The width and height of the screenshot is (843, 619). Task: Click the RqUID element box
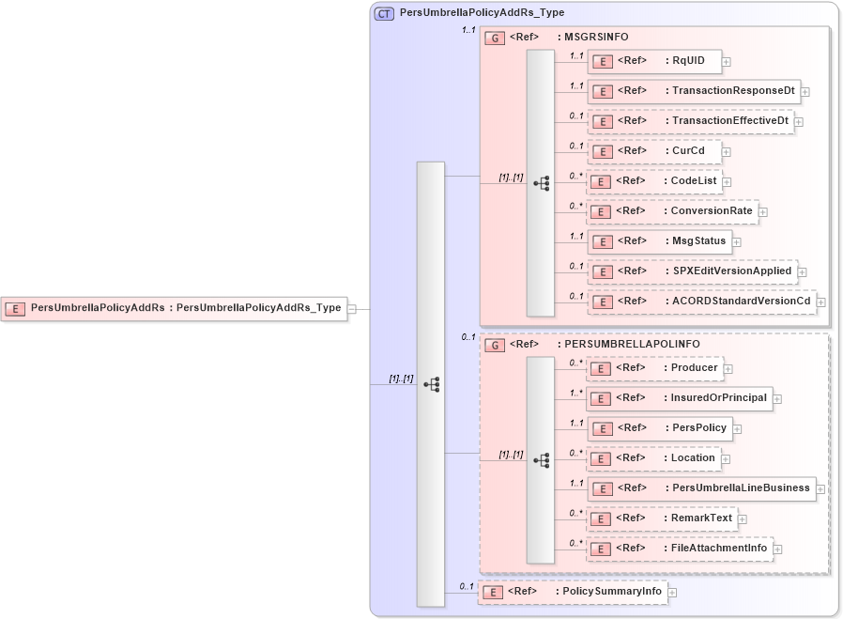[x=653, y=61]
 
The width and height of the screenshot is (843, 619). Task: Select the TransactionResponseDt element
[x=694, y=91]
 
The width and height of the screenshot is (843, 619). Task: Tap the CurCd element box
[x=653, y=151]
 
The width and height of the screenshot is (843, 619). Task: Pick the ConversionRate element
[x=672, y=211]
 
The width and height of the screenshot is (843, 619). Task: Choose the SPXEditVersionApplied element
[x=693, y=271]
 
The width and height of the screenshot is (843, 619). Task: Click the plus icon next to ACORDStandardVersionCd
[x=821, y=302]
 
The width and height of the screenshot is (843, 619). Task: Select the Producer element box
[x=653, y=368]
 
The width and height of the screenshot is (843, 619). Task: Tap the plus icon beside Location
[x=727, y=459]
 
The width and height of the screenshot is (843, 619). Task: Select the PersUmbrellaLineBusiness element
[x=701, y=488]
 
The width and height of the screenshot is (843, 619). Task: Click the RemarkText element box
[x=662, y=518]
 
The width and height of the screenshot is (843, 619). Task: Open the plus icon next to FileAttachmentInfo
[x=778, y=549]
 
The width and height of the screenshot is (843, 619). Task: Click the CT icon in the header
[x=384, y=14]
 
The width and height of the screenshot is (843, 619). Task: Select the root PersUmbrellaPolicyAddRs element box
[x=174, y=307]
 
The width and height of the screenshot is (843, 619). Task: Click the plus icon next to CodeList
[x=727, y=182]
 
